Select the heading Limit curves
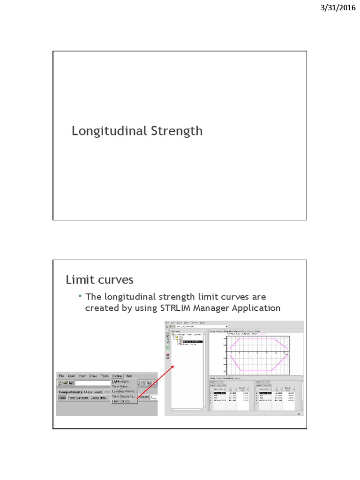click(99, 280)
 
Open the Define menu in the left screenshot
click(117, 376)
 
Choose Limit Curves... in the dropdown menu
click(121, 401)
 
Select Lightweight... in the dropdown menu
click(121, 382)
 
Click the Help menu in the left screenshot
click(129, 376)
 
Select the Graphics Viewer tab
click(232, 331)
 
